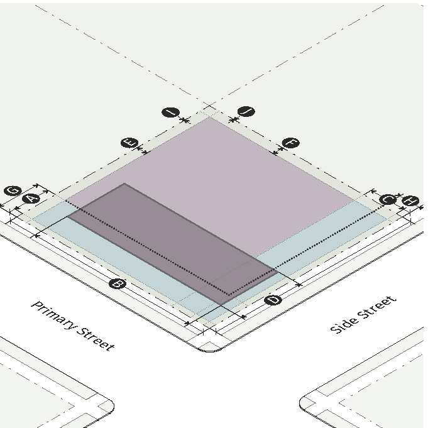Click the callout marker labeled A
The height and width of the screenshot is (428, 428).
tap(30, 199)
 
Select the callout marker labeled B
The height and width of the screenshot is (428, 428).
tap(117, 284)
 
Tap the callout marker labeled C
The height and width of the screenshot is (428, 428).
tap(388, 199)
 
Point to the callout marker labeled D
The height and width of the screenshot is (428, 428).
tap(273, 300)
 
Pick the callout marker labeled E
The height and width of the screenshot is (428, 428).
tap(130, 143)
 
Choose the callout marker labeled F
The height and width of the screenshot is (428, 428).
tap(290, 143)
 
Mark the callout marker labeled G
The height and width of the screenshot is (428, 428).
tap(12, 191)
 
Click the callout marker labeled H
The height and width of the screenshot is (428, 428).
tap(410, 201)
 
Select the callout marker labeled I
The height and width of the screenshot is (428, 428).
tap(170, 112)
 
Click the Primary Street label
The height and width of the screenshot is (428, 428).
tap(73, 326)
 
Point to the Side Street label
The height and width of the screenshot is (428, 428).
tap(364, 314)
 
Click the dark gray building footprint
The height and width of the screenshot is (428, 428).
tap(170, 239)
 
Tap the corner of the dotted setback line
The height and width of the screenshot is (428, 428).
tap(229, 294)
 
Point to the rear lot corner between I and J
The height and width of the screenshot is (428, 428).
tap(209, 117)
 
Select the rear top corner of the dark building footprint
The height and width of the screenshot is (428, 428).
tap(124, 184)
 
